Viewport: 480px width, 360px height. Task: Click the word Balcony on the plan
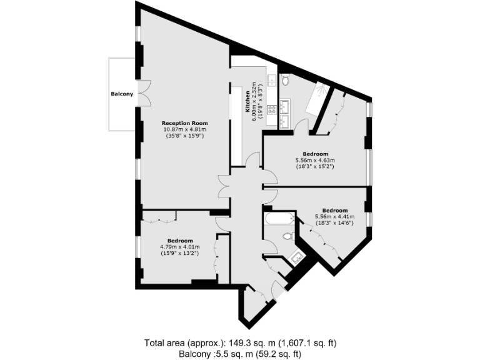(x=122, y=94)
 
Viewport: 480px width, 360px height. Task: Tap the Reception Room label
(x=184, y=123)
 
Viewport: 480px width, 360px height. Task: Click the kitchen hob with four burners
(x=272, y=109)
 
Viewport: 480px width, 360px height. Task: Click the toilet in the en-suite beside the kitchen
(x=284, y=80)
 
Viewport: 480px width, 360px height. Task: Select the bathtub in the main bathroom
(x=279, y=219)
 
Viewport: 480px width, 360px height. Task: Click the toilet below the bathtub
(x=287, y=236)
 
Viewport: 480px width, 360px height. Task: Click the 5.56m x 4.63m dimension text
(x=316, y=161)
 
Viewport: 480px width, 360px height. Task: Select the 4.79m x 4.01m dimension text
(x=180, y=247)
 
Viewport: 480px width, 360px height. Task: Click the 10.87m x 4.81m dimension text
(x=184, y=129)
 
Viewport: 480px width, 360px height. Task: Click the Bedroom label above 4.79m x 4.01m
(x=180, y=241)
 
